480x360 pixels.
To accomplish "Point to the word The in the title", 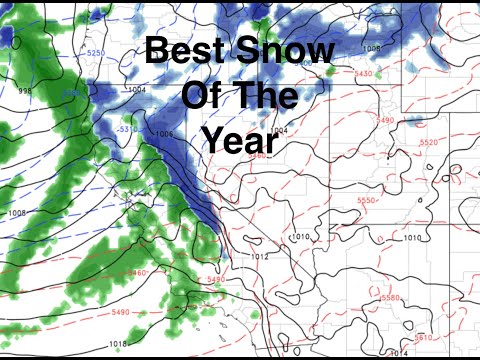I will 265,96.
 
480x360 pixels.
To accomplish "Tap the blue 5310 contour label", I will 127,128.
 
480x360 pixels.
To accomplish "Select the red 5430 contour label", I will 364,73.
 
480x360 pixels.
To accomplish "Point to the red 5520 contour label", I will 429,143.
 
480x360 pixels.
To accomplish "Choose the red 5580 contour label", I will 391,298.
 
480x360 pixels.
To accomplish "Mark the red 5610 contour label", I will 424,337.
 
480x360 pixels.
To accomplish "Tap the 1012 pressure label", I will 260,257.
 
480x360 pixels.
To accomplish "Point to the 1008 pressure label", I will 17,212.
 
